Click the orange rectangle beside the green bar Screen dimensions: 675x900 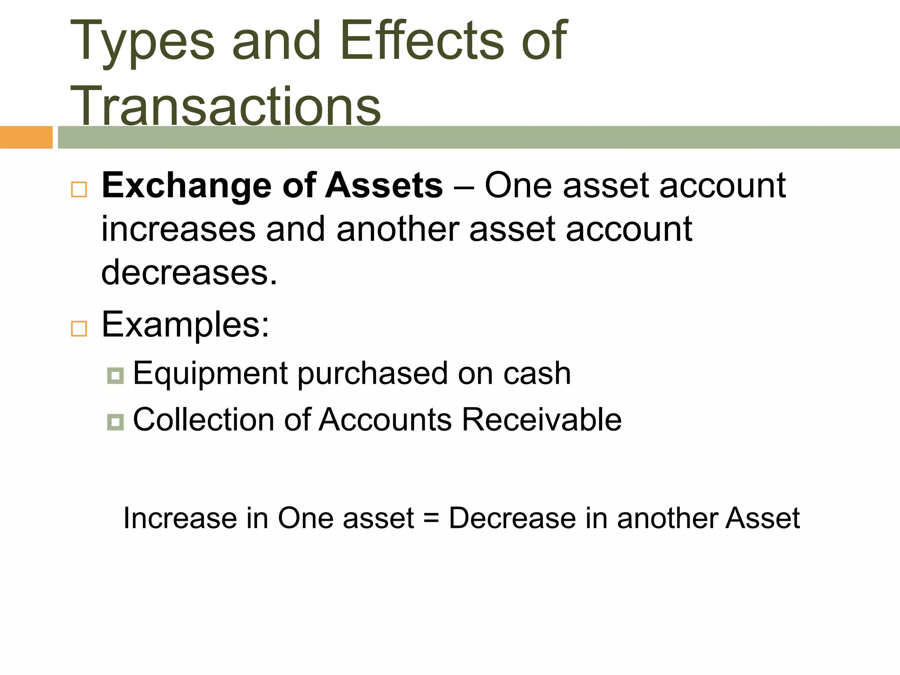[x=26, y=137]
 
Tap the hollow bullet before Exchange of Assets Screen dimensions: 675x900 [x=79, y=189]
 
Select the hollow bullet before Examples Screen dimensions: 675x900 [x=79, y=328]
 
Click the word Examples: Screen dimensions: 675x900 [x=185, y=325]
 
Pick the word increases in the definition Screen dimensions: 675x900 [x=178, y=229]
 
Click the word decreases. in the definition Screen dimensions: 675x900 [x=189, y=272]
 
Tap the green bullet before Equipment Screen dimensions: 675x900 [x=115, y=376]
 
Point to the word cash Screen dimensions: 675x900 [x=537, y=374]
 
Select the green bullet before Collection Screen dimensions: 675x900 [x=115, y=422]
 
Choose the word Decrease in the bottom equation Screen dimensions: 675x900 [x=512, y=518]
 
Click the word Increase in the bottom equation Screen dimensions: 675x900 [x=180, y=518]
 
